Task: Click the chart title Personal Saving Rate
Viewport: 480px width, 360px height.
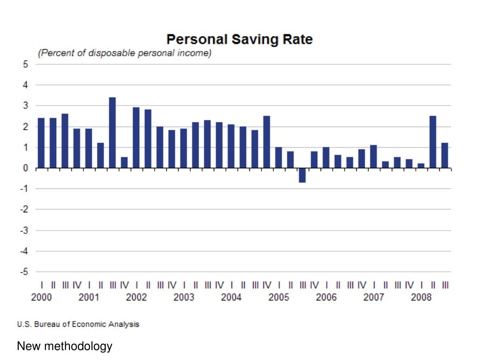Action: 240,39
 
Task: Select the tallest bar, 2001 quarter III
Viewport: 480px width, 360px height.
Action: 112,132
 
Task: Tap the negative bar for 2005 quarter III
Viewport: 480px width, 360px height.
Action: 302,175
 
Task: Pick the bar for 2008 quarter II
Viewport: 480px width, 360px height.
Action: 433,142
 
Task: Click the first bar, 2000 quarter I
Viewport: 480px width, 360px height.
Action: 41,142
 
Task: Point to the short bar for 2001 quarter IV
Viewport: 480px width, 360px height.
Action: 124,162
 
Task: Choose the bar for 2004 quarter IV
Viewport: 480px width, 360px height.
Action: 267,142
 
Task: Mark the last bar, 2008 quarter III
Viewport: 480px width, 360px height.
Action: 444,155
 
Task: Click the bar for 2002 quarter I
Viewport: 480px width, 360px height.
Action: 136,137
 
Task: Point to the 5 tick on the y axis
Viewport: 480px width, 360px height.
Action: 25,64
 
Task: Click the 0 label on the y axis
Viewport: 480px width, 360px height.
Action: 25,168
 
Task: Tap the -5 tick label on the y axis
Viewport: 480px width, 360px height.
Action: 23,272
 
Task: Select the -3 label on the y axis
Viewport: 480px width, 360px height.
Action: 23,230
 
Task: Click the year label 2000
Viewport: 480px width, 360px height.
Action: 42,297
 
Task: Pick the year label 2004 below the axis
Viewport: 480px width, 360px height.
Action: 231,297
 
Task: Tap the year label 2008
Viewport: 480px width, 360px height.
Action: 421,297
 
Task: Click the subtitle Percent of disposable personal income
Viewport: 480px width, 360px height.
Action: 125,53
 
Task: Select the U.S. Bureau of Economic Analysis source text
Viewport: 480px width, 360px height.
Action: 78,324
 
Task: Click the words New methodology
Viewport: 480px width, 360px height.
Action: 65,346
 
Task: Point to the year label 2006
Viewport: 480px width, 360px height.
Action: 326,297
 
